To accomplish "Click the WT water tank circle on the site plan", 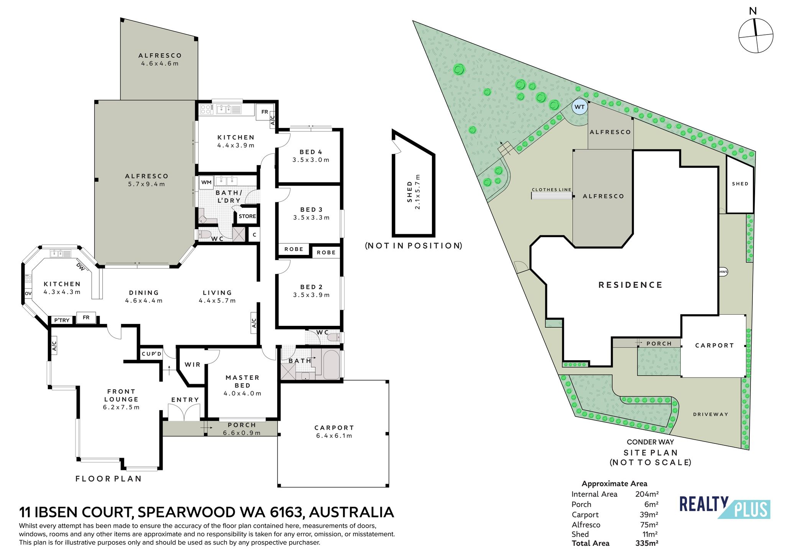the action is [x=580, y=107].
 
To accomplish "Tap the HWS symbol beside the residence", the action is [x=723, y=272].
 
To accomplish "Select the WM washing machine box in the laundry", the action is [x=206, y=182].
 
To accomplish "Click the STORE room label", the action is [x=247, y=216].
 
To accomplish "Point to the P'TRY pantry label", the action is [x=62, y=320].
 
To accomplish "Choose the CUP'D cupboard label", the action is [x=152, y=354].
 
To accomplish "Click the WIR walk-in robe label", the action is [x=192, y=365].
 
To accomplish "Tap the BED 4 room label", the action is [x=311, y=152].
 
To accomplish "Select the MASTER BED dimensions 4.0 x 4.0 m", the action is [x=242, y=393].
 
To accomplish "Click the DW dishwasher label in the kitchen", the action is [x=80, y=266].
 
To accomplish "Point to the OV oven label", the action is [x=28, y=294].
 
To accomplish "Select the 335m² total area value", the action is [x=647, y=543].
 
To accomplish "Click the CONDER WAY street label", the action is [x=650, y=442].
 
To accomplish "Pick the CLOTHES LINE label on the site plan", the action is [x=552, y=190].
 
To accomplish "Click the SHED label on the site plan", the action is [x=740, y=184].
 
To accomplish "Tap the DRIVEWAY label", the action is [x=711, y=414].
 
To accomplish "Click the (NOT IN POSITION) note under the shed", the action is [x=413, y=246].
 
